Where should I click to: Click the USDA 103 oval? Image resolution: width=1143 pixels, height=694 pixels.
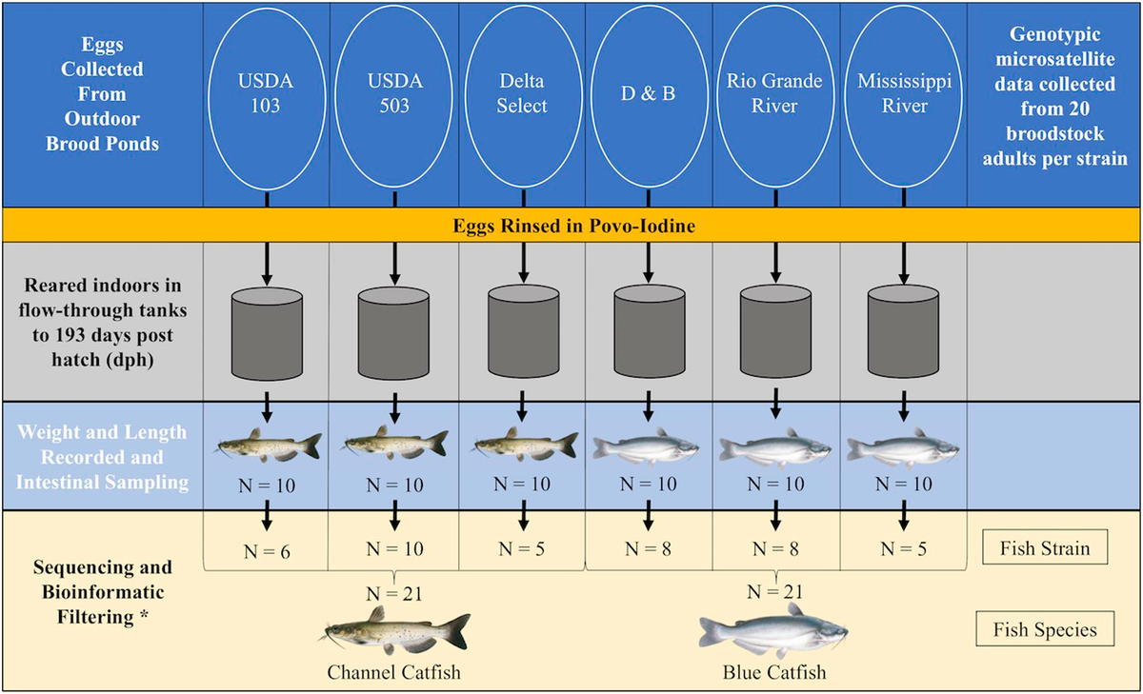pyautogui.click(x=266, y=94)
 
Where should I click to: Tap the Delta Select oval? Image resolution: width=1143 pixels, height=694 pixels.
pyautogui.click(x=522, y=94)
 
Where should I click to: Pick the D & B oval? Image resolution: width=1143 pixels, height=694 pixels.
pyautogui.click(x=649, y=94)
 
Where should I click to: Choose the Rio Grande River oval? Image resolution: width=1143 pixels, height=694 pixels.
pyautogui.click(x=775, y=94)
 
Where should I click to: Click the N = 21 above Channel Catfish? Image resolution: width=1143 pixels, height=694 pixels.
pyautogui.click(x=393, y=595)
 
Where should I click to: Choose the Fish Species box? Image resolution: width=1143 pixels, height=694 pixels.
pyautogui.click(x=1044, y=629)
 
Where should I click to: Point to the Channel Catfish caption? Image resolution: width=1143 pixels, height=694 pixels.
pyautogui.click(x=393, y=672)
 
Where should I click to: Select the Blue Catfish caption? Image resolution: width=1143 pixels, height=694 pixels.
pyautogui.click(x=773, y=672)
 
